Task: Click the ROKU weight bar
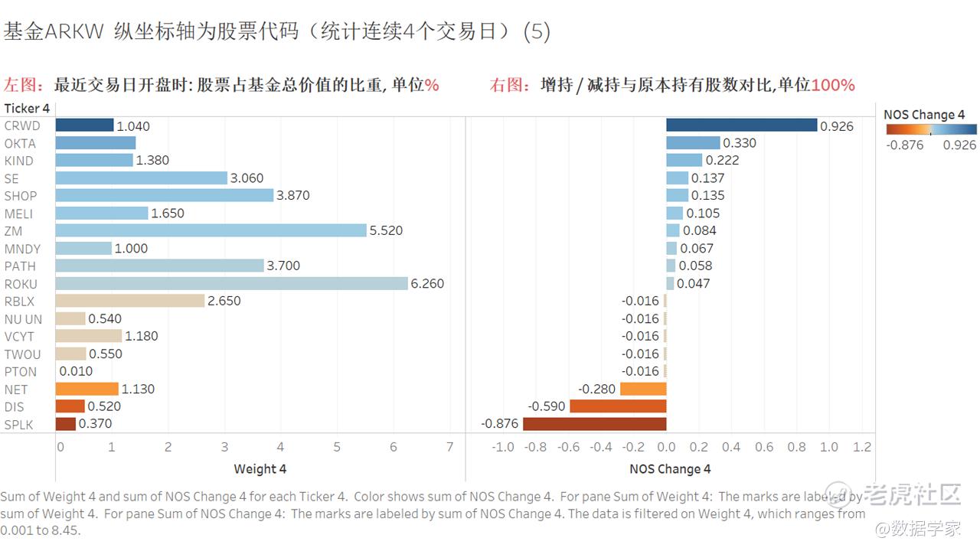coord(231,283)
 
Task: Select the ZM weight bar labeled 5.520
coord(211,230)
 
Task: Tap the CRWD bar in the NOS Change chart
coord(741,126)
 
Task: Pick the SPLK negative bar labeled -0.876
coord(594,423)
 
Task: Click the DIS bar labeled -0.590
coord(618,406)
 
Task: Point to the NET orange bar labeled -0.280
coord(643,389)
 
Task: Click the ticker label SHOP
coord(21,196)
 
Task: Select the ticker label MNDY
coord(23,249)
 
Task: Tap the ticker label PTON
coord(21,372)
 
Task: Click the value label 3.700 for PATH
coord(283,266)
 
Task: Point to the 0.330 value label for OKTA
coord(740,143)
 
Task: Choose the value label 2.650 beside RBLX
coord(224,301)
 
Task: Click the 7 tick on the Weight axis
coord(450,447)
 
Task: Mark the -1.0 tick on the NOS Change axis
coord(502,447)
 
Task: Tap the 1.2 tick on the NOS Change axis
coord(862,447)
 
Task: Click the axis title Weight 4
coord(260,469)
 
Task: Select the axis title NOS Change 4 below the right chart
coord(670,469)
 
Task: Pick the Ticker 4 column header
coord(27,109)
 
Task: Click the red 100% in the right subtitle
coord(832,85)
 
